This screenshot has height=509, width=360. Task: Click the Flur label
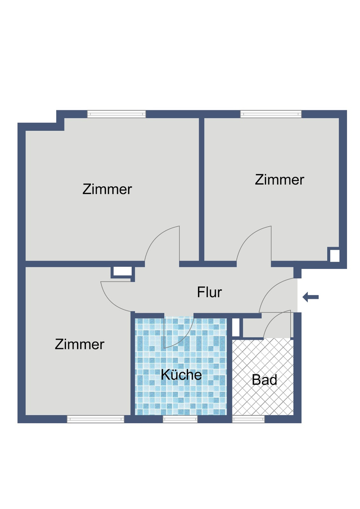[209, 292]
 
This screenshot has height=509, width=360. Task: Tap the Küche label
[181, 375]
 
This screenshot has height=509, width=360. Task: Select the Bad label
[264, 380]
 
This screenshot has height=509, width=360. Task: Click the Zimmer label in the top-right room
[279, 180]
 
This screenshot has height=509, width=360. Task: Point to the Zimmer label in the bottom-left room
[80, 344]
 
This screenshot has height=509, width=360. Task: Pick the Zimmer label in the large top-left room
[107, 189]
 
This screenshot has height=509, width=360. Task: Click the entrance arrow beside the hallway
[310, 297]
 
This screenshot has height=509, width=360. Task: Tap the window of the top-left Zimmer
[116, 114]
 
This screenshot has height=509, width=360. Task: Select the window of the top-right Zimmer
[271, 114]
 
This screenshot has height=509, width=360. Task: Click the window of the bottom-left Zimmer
[95, 419]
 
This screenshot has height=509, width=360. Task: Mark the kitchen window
[180, 419]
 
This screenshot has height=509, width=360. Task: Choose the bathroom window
[248, 419]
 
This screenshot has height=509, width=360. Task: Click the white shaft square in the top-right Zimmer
[334, 256]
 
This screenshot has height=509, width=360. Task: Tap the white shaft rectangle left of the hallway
[122, 272]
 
